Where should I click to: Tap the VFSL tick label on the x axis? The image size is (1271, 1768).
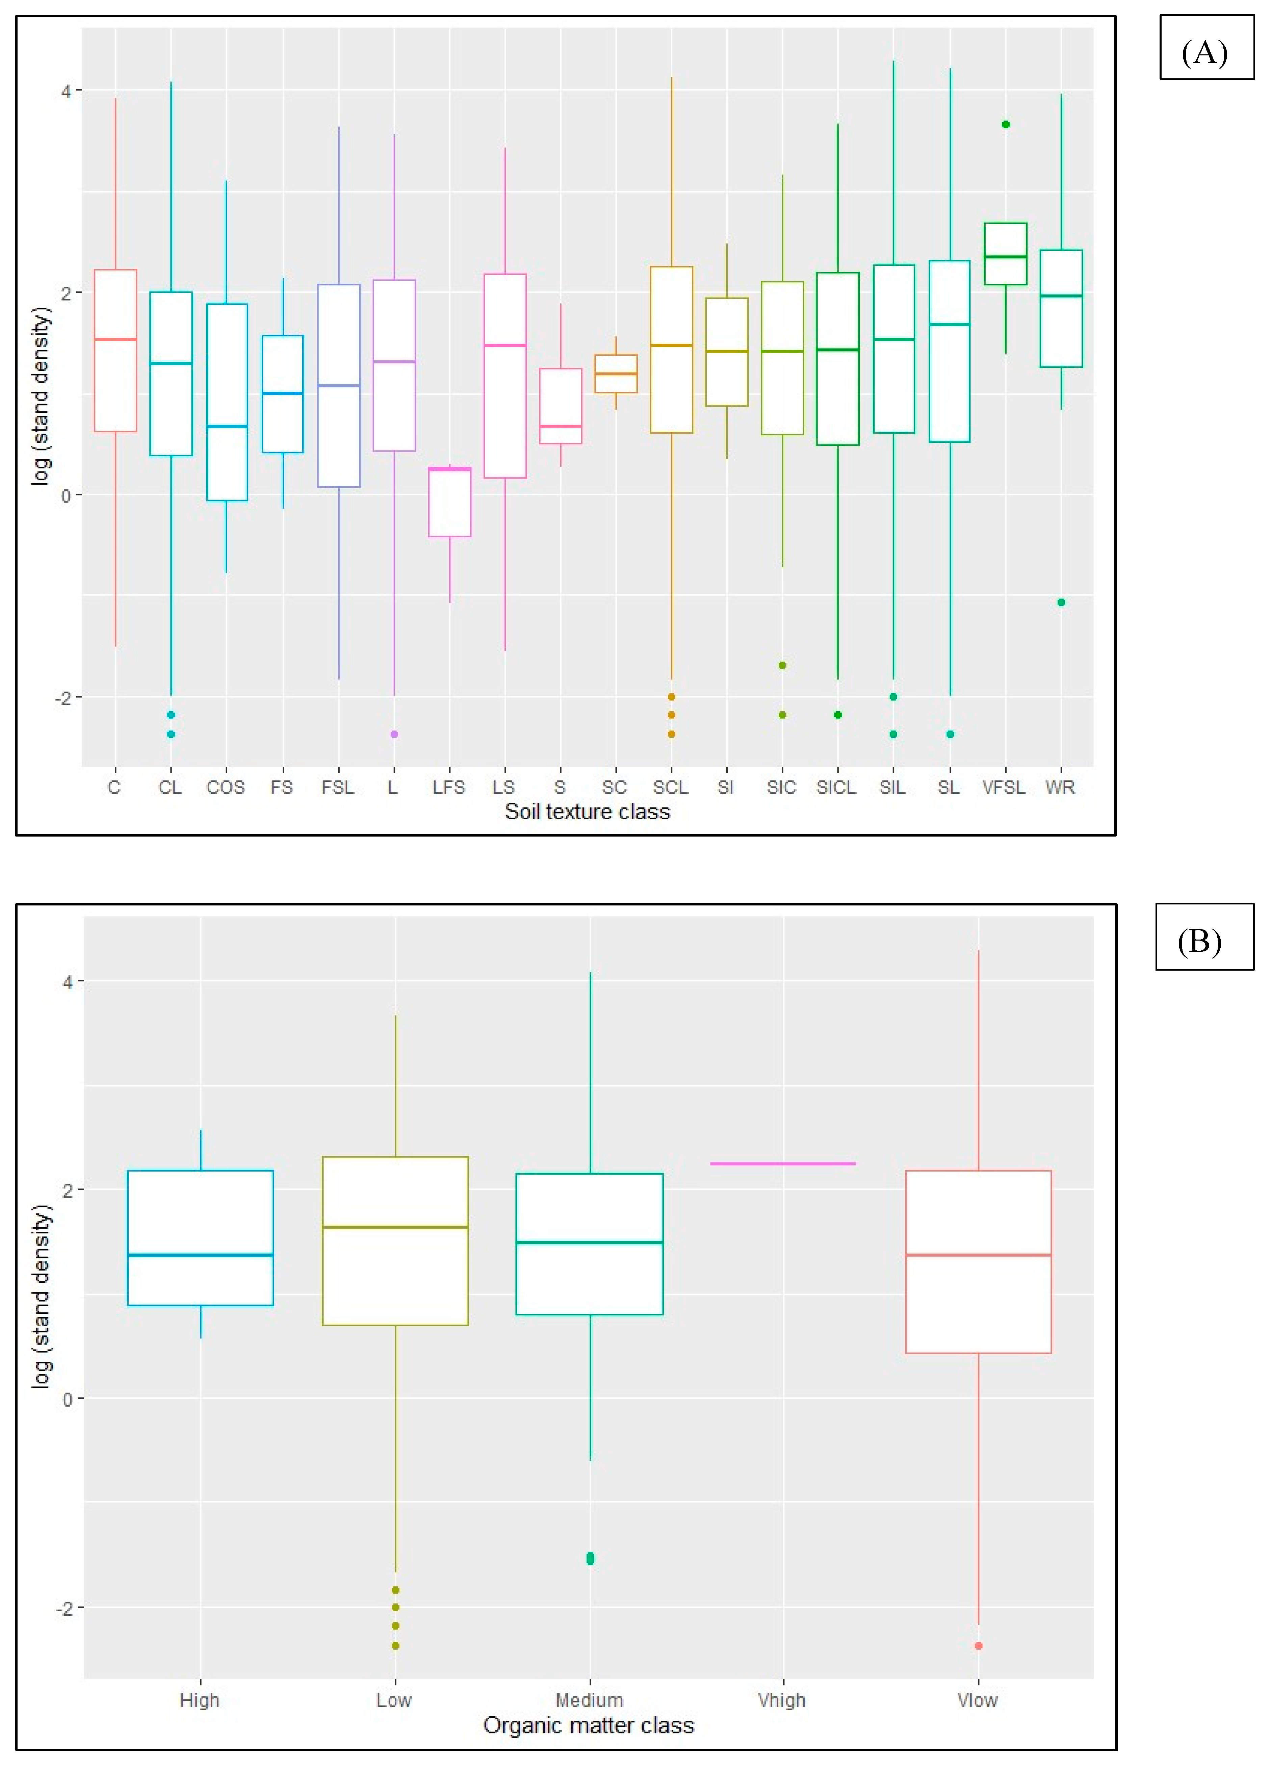1004,787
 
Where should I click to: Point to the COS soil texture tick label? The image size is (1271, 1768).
225,787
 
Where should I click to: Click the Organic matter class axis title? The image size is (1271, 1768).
588,1725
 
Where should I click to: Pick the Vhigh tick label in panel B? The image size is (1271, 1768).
782,1700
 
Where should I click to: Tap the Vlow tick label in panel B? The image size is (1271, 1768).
977,1700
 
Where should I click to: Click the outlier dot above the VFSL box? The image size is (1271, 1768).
1005,124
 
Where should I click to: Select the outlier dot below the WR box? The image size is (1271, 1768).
1061,602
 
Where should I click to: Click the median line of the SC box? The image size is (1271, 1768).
616,374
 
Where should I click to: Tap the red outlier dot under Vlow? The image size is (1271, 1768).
978,1646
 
